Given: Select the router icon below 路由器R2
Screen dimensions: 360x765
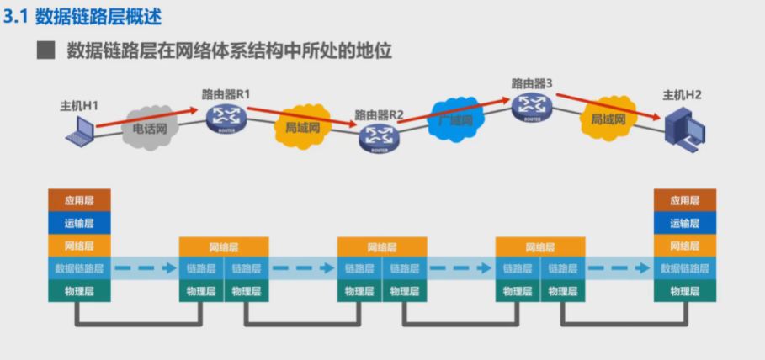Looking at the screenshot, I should pyautogui.click(x=379, y=137).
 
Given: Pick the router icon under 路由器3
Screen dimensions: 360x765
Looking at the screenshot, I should pyautogui.click(x=531, y=107).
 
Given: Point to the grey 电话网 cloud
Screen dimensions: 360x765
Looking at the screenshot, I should pyautogui.click(x=151, y=129).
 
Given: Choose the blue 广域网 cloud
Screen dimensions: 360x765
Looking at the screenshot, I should pyautogui.click(x=455, y=119).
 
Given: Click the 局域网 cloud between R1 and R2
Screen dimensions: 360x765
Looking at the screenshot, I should pyautogui.click(x=303, y=128).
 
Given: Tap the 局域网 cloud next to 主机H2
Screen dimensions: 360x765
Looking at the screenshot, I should pyautogui.click(x=607, y=120).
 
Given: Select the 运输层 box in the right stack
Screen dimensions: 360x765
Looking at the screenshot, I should pyautogui.click(x=685, y=223).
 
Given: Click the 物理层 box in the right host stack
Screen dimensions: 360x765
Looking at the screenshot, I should pyautogui.click(x=685, y=291).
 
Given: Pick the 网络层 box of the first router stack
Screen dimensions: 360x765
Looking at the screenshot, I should pyautogui.click(x=224, y=246).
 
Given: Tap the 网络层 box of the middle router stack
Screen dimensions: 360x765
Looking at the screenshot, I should pyautogui.click(x=382, y=246).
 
